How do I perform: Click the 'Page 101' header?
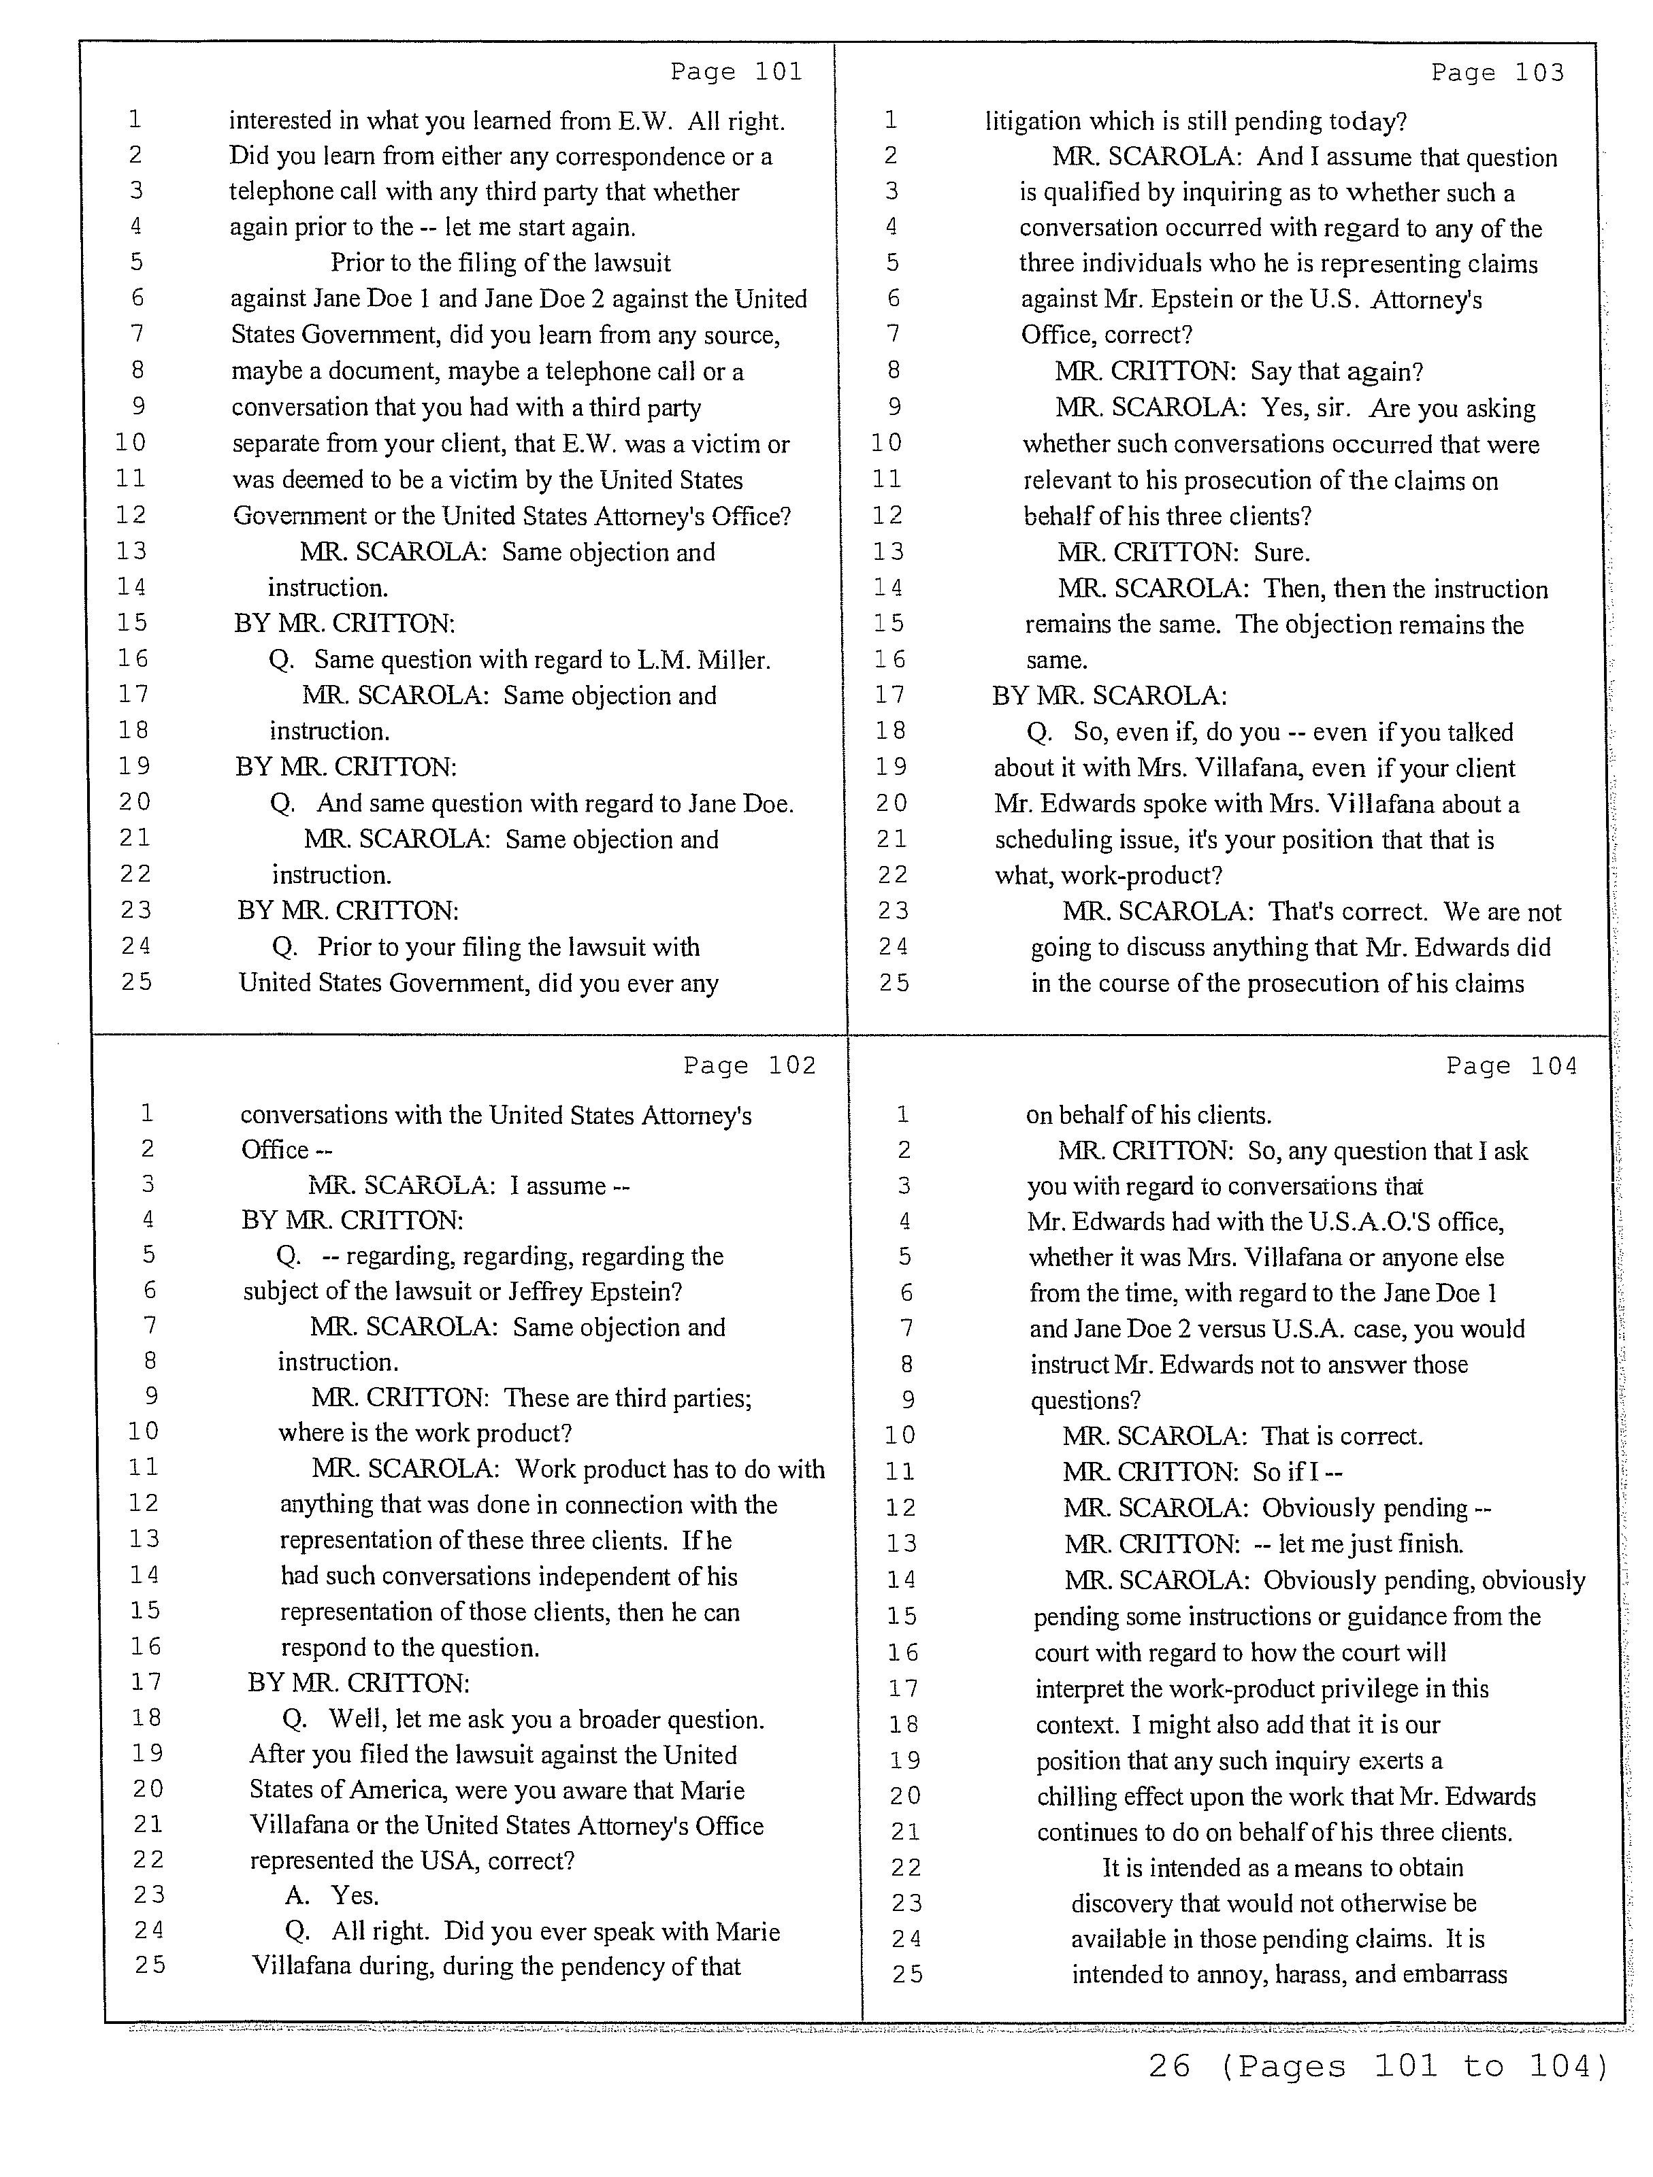pos(736,72)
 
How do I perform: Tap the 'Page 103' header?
pos(1496,73)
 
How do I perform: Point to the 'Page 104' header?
pos(1511,1066)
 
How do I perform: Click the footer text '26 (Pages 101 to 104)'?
pos(1377,2066)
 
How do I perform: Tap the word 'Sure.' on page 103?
pos(1282,552)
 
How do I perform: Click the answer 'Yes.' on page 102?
pos(355,1895)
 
